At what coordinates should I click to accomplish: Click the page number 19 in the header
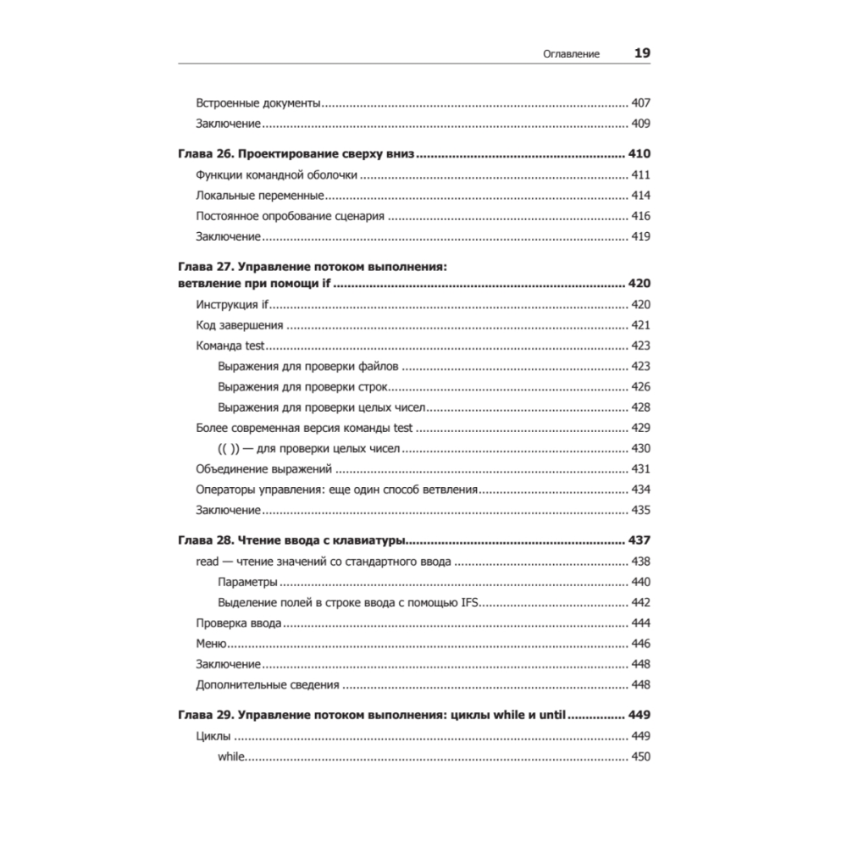642,53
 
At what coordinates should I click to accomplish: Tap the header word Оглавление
571,53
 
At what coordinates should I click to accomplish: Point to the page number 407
640,103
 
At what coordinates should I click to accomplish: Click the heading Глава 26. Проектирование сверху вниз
300,155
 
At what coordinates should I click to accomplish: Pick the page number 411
640,175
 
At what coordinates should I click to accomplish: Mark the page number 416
640,216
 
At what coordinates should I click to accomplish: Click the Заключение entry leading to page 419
227,236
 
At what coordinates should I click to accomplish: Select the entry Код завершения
239,325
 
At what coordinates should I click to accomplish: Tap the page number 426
640,387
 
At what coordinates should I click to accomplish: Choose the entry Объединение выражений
263,469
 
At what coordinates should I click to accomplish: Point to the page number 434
640,490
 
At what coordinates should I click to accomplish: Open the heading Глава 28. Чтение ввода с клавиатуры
292,540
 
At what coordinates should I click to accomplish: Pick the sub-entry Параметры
247,582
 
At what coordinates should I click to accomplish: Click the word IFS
467,602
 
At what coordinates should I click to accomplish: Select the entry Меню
210,644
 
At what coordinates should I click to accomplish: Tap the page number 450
640,756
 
